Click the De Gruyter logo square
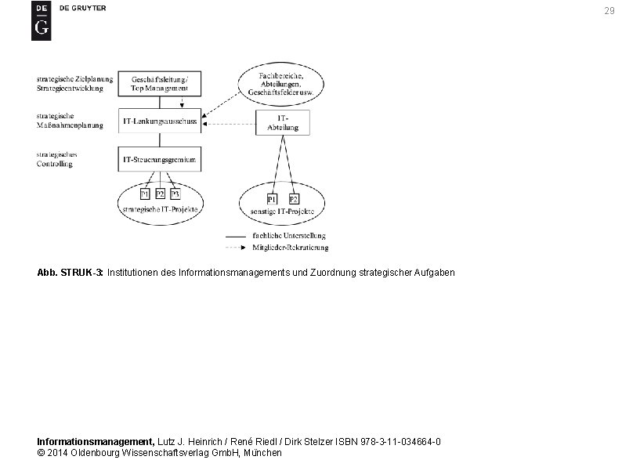click(41, 20)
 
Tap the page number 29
click(609, 11)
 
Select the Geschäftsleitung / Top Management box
click(160, 84)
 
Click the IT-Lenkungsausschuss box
click(160, 121)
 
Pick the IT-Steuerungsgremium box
click(159, 160)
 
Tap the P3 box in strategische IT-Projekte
click(175, 194)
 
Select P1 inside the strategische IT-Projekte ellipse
click(145, 194)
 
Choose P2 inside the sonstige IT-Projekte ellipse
click(294, 199)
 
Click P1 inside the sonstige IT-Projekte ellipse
click(272, 199)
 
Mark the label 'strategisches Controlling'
click(55, 159)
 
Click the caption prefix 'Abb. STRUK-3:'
click(71, 273)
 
